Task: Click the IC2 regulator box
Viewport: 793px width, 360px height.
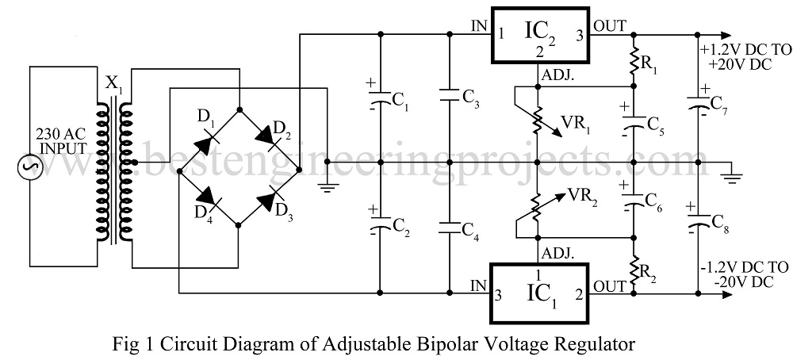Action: point(539,36)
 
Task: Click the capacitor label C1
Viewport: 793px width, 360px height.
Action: point(400,101)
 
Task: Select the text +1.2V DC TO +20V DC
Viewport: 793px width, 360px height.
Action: point(745,56)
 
